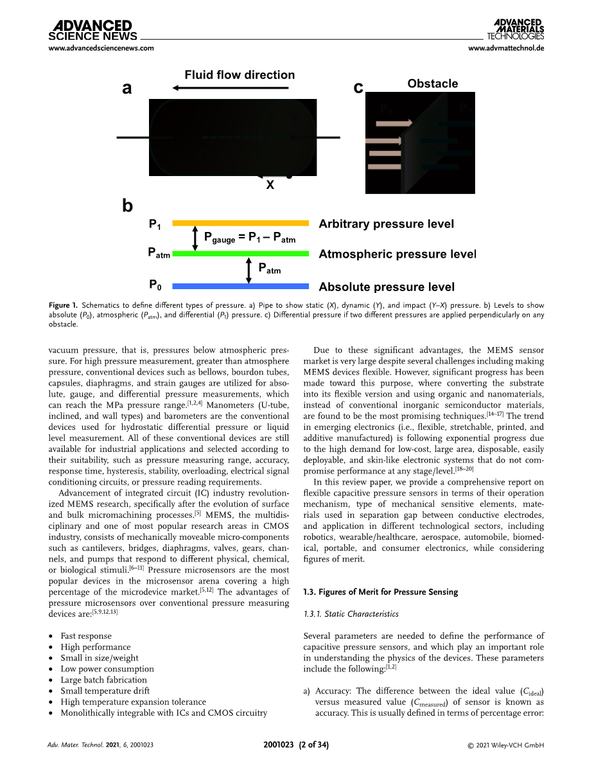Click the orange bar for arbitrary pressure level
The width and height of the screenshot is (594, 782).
[x=241, y=222]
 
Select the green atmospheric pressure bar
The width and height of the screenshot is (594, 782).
[x=241, y=254]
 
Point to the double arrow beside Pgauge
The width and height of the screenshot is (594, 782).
[x=195, y=238]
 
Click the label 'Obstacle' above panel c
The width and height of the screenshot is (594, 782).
[x=432, y=84]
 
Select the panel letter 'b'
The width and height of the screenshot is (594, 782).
[x=127, y=206]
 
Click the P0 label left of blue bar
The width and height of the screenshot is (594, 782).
[x=155, y=284]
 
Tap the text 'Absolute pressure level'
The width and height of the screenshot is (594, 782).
[x=387, y=287]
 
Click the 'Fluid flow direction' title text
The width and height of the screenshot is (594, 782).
[x=240, y=75]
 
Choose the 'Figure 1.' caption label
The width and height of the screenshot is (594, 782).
[x=63, y=305]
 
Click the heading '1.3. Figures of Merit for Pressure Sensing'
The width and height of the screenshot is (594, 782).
[x=380, y=592]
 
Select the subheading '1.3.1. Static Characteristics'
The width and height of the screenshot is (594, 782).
[x=350, y=614]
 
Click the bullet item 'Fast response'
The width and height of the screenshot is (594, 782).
[x=85, y=636]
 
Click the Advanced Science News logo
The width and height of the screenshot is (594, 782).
[x=92, y=30]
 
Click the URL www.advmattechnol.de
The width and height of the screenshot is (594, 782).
[x=506, y=48]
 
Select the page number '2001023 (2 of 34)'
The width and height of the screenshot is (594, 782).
[x=296, y=745]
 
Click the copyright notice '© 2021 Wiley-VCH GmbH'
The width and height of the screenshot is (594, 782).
[x=505, y=745]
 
